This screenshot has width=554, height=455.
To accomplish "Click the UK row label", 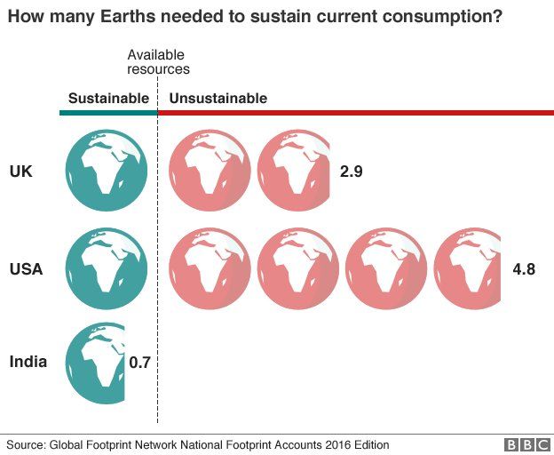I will click(x=20, y=172).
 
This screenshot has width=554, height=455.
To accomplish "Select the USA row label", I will click(x=27, y=267).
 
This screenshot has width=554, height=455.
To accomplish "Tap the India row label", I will click(x=28, y=362).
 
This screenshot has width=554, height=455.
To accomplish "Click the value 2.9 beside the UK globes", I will click(x=352, y=172).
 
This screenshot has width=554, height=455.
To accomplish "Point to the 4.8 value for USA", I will click(x=524, y=267).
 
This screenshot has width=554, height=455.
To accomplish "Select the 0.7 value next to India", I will click(x=140, y=363).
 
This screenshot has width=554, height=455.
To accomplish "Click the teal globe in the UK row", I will click(x=107, y=172).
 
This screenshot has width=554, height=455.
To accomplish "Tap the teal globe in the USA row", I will click(x=107, y=267).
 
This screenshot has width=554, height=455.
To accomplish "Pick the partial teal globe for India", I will click(x=96, y=362).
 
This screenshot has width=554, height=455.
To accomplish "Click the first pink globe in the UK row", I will click(x=209, y=172).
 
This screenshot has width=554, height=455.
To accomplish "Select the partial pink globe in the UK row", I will click(x=293, y=172).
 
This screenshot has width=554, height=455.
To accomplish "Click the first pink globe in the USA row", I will click(x=209, y=267).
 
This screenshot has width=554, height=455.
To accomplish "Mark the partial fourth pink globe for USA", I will click(x=468, y=267).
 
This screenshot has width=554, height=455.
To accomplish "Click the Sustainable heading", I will click(x=108, y=99).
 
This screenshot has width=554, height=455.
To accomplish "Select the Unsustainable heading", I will click(x=218, y=99).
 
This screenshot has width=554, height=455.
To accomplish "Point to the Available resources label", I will click(x=158, y=62).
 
